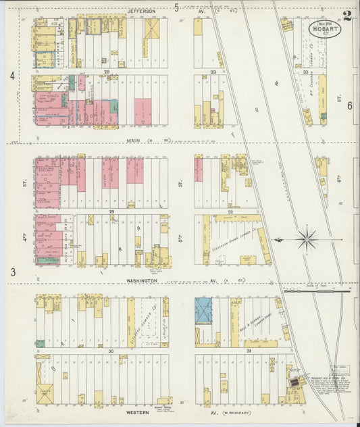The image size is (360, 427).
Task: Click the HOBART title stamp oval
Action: pyautogui.click(x=326, y=30)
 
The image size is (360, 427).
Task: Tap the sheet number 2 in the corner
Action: pyautogui.click(x=346, y=16)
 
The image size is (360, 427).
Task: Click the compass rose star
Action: pyautogui.click(x=307, y=238)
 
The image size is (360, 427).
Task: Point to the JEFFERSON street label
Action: pyautogui.click(x=142, y=11)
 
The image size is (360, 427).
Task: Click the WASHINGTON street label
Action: pyautogui.click(x=140, y=280)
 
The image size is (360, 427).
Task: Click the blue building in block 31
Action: pyautogui.click(x=204, y=311)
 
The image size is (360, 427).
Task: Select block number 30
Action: pyautogui.click(x=109, y=351)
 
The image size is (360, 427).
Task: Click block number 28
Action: pyautogui.click(x=107, y=71)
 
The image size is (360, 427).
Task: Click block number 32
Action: pyautogui.click(x=230, y=211)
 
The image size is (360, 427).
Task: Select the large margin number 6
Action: pyautogui.click(x=350, y=106)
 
